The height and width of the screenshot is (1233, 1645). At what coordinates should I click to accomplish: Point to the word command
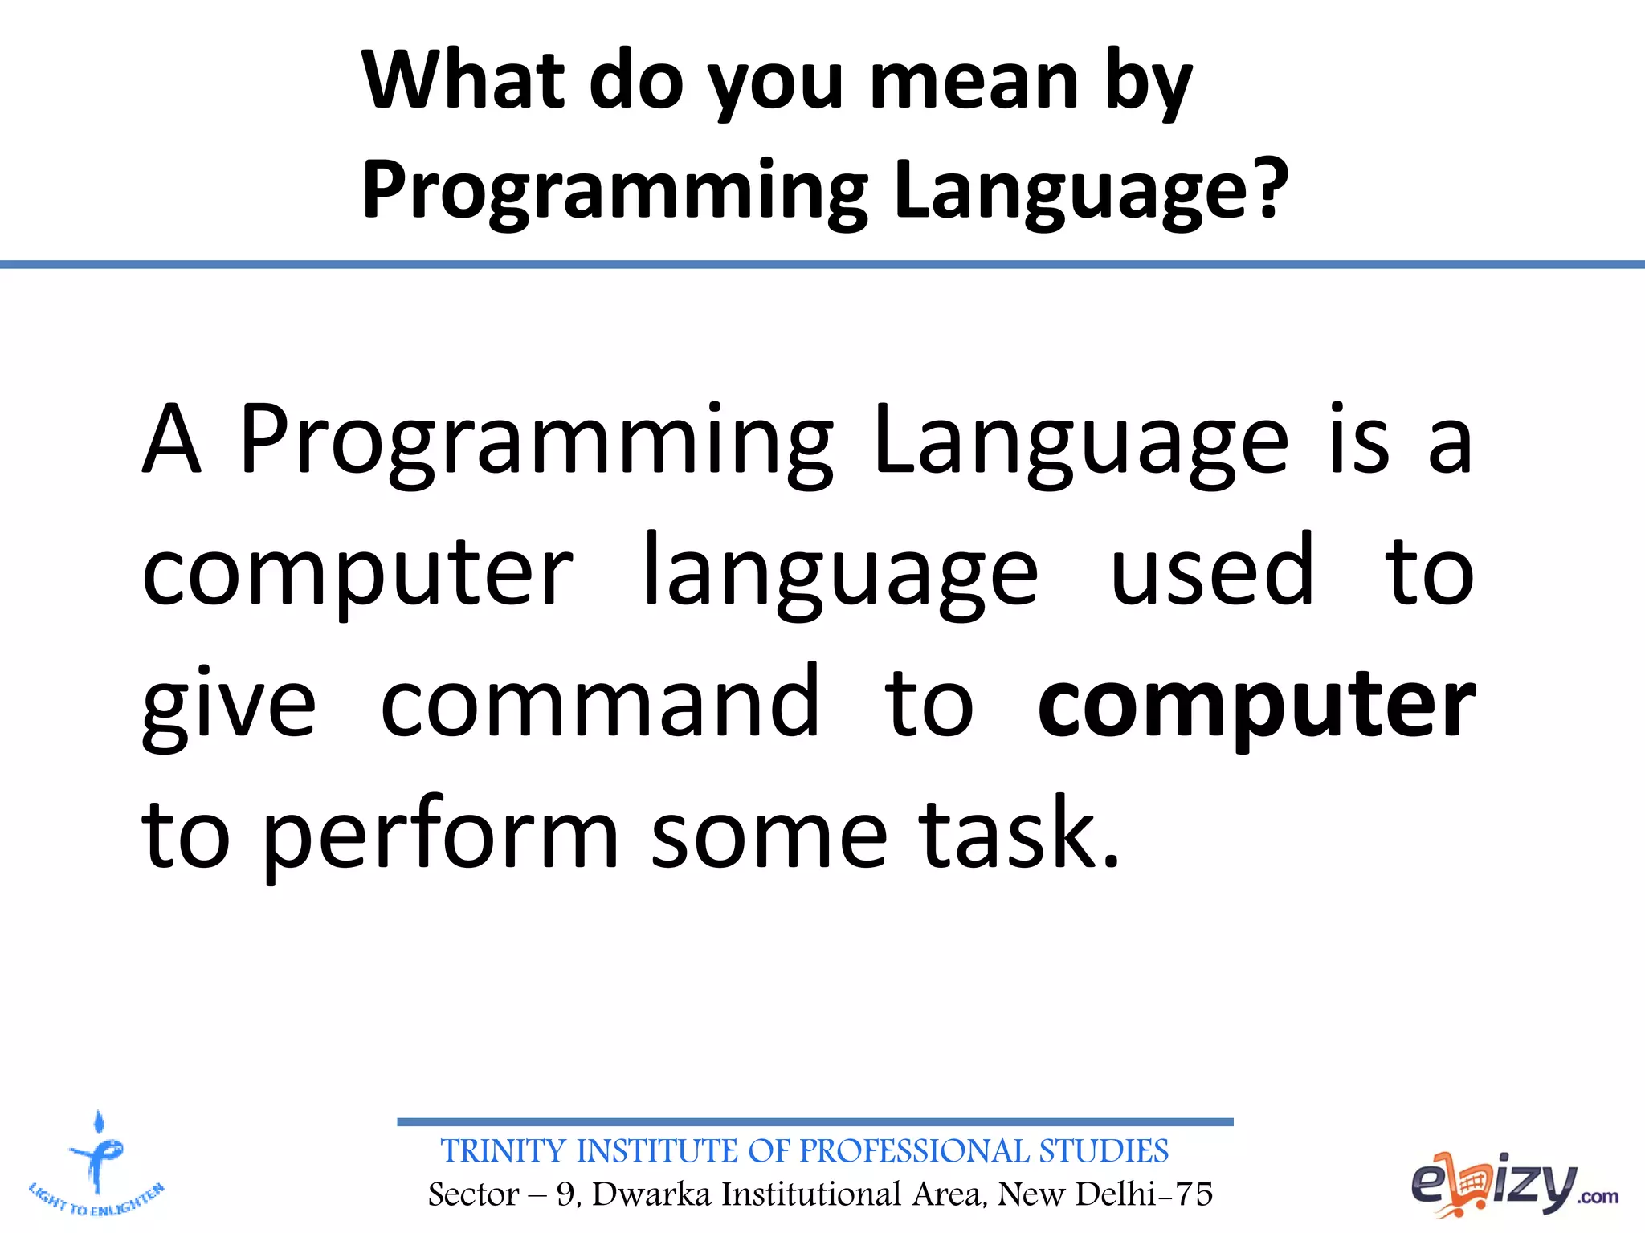[599, 704]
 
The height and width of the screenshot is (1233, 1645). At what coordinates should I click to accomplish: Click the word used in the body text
[1211, 572]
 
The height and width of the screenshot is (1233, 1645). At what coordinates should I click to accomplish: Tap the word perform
[440, 837]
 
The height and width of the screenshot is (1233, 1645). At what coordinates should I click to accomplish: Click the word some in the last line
[769, 837]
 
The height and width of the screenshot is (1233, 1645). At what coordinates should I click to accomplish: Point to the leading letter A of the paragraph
[170, 440]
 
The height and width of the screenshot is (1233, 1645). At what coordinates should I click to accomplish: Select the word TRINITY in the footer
[504, 1151]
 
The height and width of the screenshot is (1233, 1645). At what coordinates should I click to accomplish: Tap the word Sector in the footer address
[473, 1194]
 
